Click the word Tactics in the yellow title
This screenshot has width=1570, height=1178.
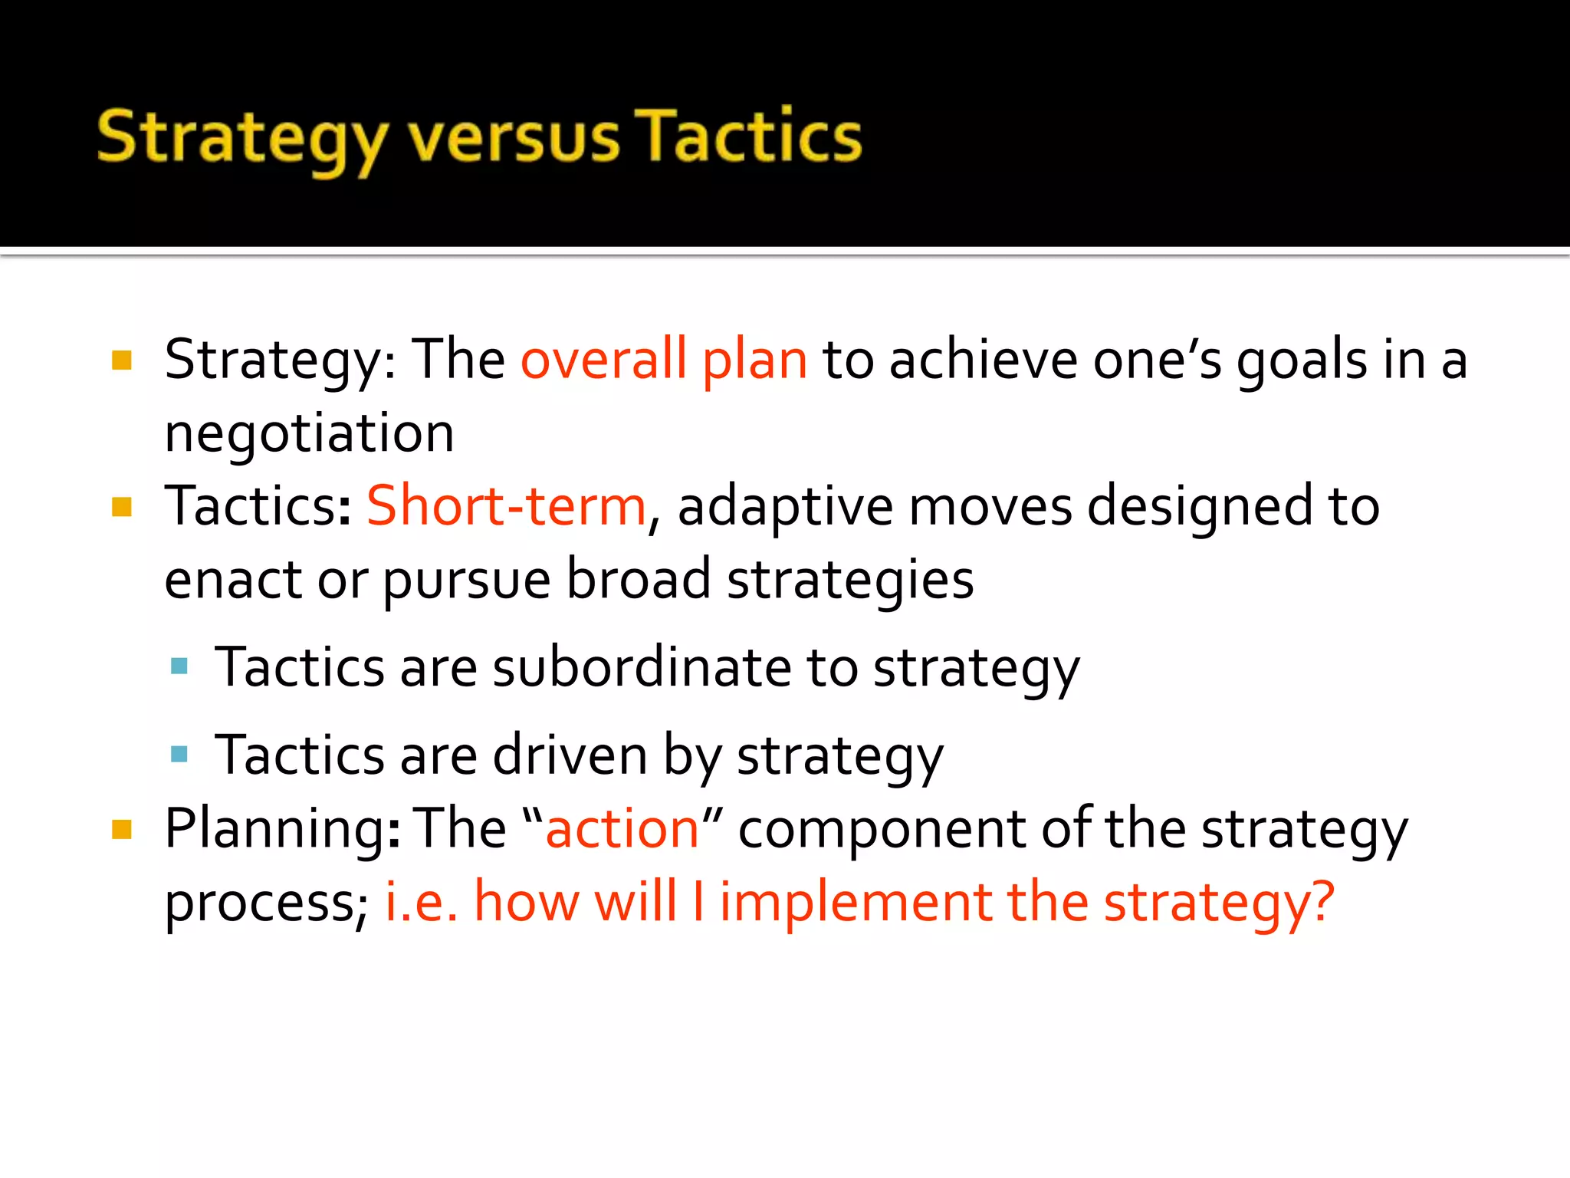(x=750, y=137)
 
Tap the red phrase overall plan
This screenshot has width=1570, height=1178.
(x=664, y=359)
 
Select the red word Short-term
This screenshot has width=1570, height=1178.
(x=507, y=506)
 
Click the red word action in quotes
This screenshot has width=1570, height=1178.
(x=622, y=829)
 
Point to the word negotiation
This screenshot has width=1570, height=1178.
(x=310, y=433)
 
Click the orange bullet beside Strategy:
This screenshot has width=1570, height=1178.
(x=122, y=360)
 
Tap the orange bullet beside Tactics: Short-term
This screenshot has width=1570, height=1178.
(x=122, y=507)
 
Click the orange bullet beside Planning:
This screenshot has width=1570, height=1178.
(x=122, y=830)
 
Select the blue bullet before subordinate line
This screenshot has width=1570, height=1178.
(x=179, y=666)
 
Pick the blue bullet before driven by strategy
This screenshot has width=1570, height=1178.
(x=179, y=754)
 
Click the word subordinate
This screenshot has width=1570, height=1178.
(x=642, y=667)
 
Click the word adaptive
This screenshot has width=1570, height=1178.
(x=785, y=508)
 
